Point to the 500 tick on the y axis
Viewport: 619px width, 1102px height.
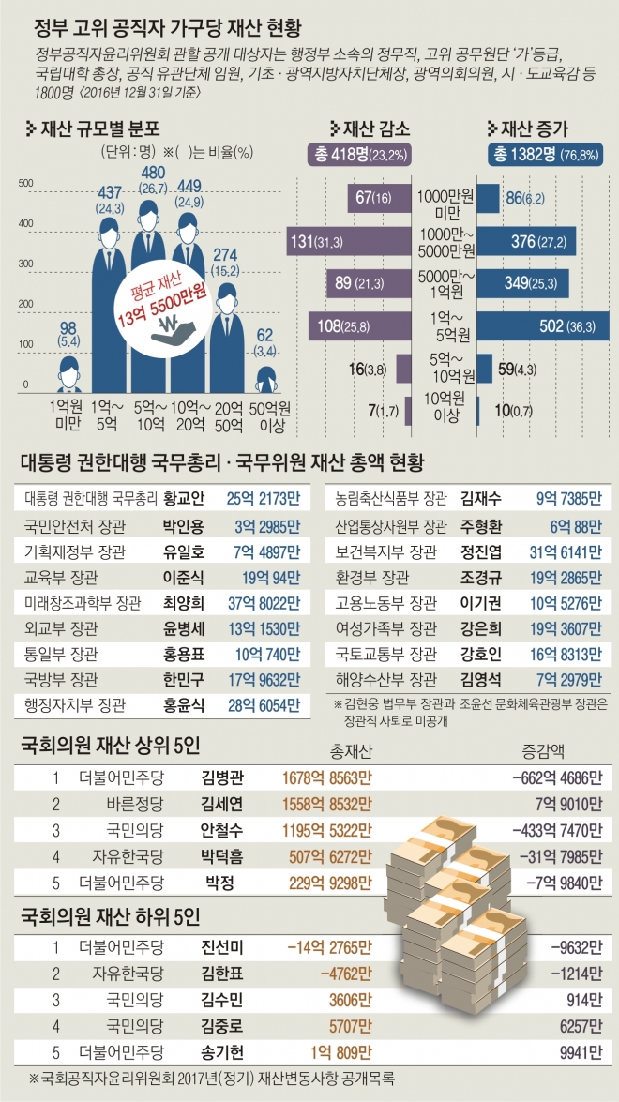25,183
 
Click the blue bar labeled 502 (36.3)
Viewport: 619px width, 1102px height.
542,325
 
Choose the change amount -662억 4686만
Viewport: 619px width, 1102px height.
556,777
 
